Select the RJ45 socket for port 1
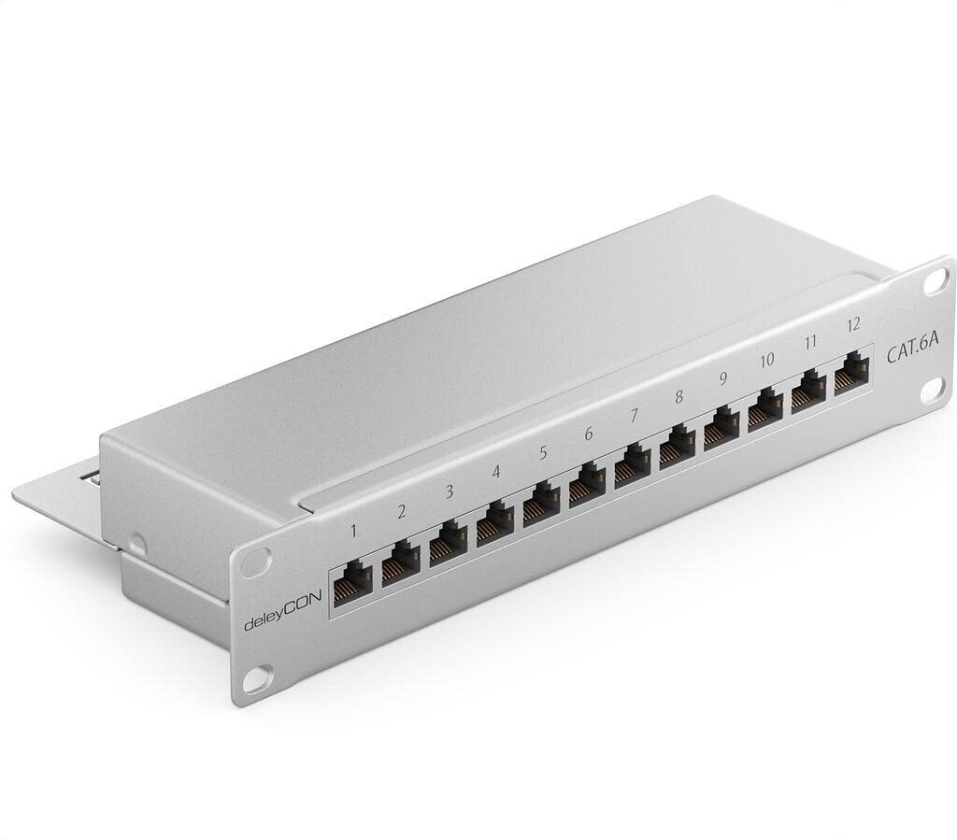tap(353, 579)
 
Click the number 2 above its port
tap(401, 511)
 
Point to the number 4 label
tap(495, 473)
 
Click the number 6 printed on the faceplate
tap(588, 434)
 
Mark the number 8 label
tap(678, 396)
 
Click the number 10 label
tap(766, 360)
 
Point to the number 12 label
tap(851, 324)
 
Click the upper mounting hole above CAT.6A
tap(936, 278)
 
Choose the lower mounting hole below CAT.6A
tap(933, 391)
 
